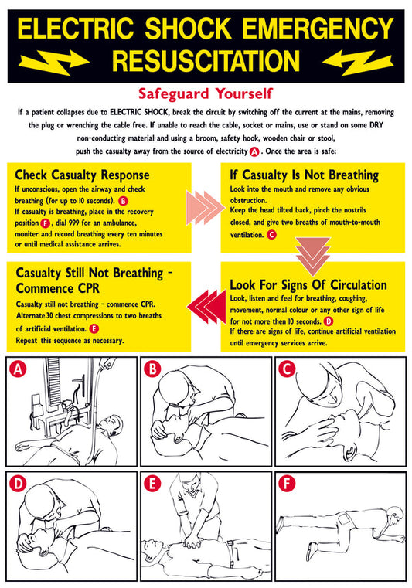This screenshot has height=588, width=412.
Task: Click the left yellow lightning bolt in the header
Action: pos(53,63)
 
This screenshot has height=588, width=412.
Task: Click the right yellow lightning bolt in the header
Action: pos(358,63)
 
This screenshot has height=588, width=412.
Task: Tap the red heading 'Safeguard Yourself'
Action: pos(206,93)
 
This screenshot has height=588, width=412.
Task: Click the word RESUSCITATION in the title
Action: pos(206,61)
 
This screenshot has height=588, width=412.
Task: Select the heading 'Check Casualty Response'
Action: pos(82,175)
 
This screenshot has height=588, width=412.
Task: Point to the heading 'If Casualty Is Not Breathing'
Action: pos(305,175)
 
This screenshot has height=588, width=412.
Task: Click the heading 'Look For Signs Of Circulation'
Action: pos(308,285)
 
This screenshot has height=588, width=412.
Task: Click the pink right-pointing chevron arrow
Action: pos(206,208)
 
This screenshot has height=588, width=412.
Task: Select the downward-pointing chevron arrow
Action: pos(312,256)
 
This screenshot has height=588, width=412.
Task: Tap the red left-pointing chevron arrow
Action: pos(206,307)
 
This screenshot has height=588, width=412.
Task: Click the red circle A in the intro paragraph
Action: pos(254,152)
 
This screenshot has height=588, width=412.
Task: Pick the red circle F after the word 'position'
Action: pos(45,223)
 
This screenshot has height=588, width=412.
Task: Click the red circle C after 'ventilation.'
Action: pos(271,235)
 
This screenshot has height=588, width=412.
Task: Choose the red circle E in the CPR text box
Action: pos(94,329)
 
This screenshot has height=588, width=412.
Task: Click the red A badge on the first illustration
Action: pos(18,369)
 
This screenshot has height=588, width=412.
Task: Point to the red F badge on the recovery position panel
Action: pos(287,484)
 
